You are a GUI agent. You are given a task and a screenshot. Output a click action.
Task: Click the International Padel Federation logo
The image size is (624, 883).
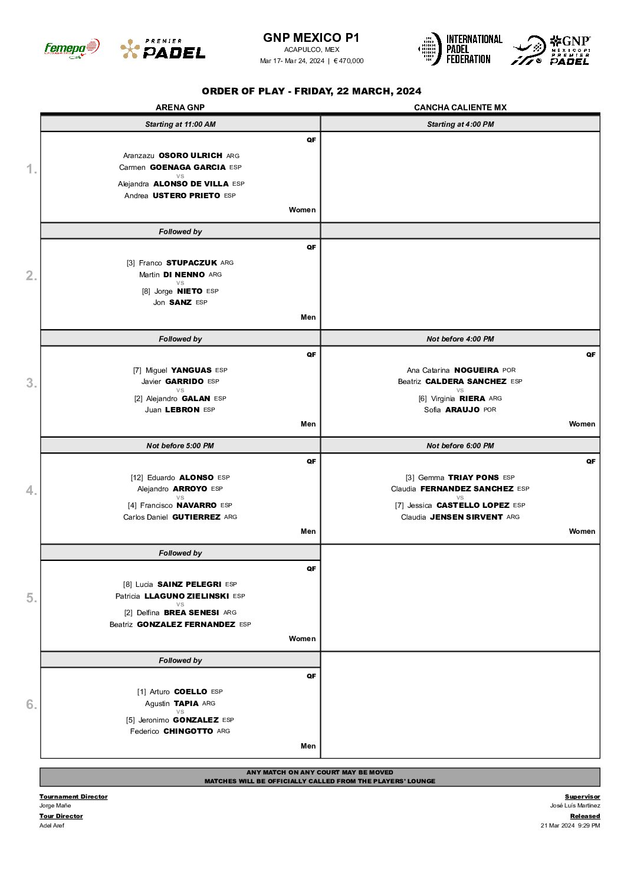pos(461,49)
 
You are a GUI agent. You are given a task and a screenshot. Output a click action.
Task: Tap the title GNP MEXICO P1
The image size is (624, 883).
pos(311,38)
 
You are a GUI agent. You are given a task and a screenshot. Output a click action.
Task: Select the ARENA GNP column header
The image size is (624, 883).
pos(180,107)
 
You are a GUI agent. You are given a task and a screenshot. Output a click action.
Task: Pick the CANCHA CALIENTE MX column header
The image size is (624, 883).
pos(460,107)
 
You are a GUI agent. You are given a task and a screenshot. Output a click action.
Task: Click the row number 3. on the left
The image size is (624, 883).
pos(31,383)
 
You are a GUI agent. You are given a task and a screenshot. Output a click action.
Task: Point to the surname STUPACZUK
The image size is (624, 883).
pos(192,263)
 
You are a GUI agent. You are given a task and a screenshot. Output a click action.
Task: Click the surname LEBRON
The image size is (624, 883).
pos(182,410)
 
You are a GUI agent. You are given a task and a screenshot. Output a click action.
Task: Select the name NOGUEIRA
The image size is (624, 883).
pos(477,370)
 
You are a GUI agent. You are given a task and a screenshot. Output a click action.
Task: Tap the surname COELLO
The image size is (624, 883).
pos(191,692)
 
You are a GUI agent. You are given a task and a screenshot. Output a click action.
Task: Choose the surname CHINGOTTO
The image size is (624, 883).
pos(188,731)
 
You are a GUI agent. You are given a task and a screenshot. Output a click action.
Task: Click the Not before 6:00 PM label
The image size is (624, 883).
pos(460,446)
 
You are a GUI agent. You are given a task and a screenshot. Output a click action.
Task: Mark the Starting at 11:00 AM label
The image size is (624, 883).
pos(180,124)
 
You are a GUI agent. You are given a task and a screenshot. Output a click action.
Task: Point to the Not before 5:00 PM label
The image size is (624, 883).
pos(180,446)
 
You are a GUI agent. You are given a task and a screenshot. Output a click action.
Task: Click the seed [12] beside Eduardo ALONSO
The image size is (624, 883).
pos(137,478)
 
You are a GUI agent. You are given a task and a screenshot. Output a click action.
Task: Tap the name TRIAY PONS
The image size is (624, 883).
pos(473,478)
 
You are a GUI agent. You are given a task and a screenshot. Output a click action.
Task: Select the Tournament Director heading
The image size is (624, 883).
pos(74,797)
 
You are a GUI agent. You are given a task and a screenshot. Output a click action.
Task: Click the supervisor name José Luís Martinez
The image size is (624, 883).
pos(575,806)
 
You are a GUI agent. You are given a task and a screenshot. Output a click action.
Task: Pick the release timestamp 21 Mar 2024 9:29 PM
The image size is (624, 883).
pos(570,826)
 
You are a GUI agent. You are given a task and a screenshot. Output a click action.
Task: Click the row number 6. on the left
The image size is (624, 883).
pos(31,704)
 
